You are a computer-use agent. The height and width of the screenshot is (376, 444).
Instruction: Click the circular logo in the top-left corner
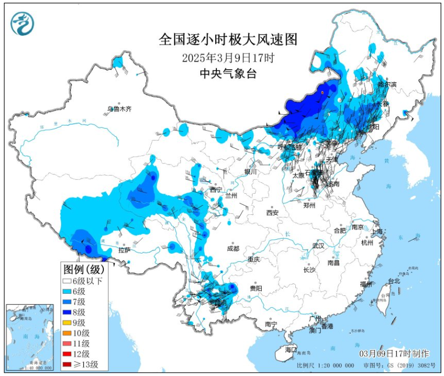[x=22, y=23]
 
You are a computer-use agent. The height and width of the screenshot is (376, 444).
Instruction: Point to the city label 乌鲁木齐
[x=119, y=109]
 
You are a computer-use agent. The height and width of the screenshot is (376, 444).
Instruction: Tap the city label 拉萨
[x=124, y=250]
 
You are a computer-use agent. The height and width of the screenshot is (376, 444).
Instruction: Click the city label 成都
[x=233, y=248]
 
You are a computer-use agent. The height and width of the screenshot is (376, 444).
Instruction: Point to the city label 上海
[x=377, y=232]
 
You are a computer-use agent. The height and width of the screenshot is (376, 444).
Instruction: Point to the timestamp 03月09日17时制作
[x=394, y=353]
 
